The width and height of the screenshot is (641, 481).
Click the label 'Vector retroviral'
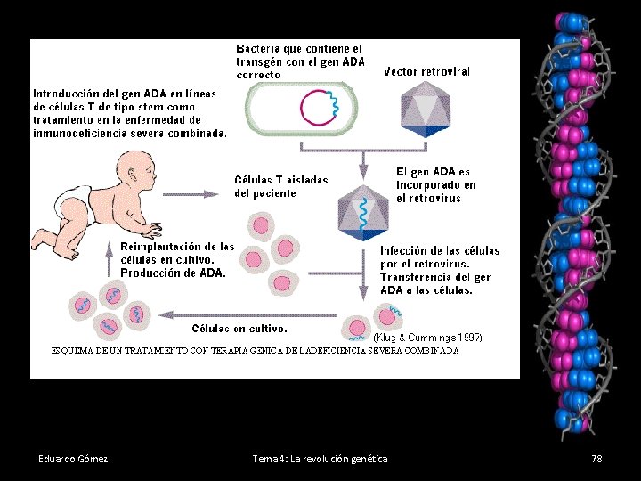426,70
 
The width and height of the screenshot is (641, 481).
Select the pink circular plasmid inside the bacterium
318,109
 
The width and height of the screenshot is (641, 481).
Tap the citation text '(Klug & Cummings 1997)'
426,338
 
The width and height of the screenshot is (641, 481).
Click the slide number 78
596,459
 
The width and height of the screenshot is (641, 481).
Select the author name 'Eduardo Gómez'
73,459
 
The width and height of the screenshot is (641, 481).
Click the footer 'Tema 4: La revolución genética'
320,459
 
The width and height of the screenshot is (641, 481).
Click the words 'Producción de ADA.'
173,273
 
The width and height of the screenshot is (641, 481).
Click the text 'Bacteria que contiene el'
299,48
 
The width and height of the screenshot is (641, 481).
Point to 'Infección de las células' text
440,250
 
